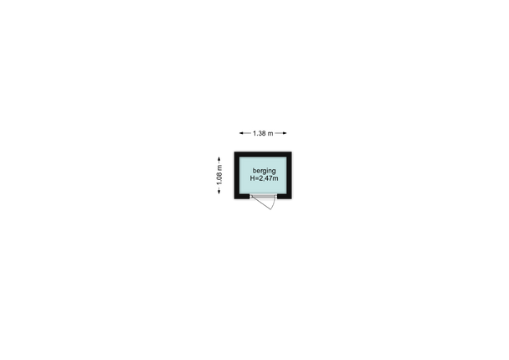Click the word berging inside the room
[264, 171]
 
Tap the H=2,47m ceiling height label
[264, 178]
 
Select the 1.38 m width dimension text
[263, 133]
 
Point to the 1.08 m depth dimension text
[219, 175]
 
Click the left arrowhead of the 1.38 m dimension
[241, 133]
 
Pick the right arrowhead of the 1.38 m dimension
[285, 133]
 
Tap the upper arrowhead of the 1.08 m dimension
[219, 159]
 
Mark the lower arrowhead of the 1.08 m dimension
[219, 192]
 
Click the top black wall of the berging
[263, 154]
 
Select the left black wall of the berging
[237, 175]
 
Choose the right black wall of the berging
[289, 175]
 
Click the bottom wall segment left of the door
[242, 197]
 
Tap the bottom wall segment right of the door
[285, 197]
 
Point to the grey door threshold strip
[263, 196]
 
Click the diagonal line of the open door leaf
[261, 203]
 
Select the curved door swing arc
[275, 203]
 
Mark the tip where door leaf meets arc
[271, 209]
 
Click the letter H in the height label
[252, 178]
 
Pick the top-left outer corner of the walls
[234, 152]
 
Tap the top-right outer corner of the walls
[291, 152]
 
